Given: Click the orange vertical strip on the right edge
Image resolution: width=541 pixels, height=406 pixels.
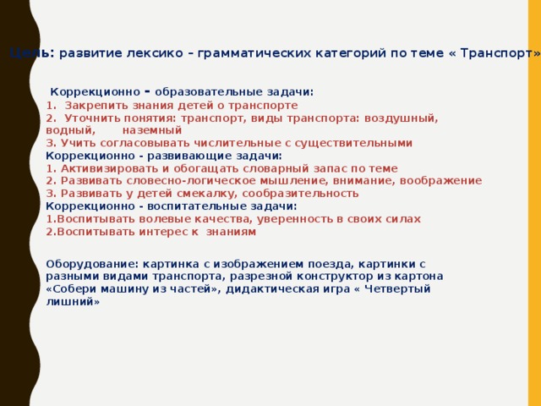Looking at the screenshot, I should click(533, 203).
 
